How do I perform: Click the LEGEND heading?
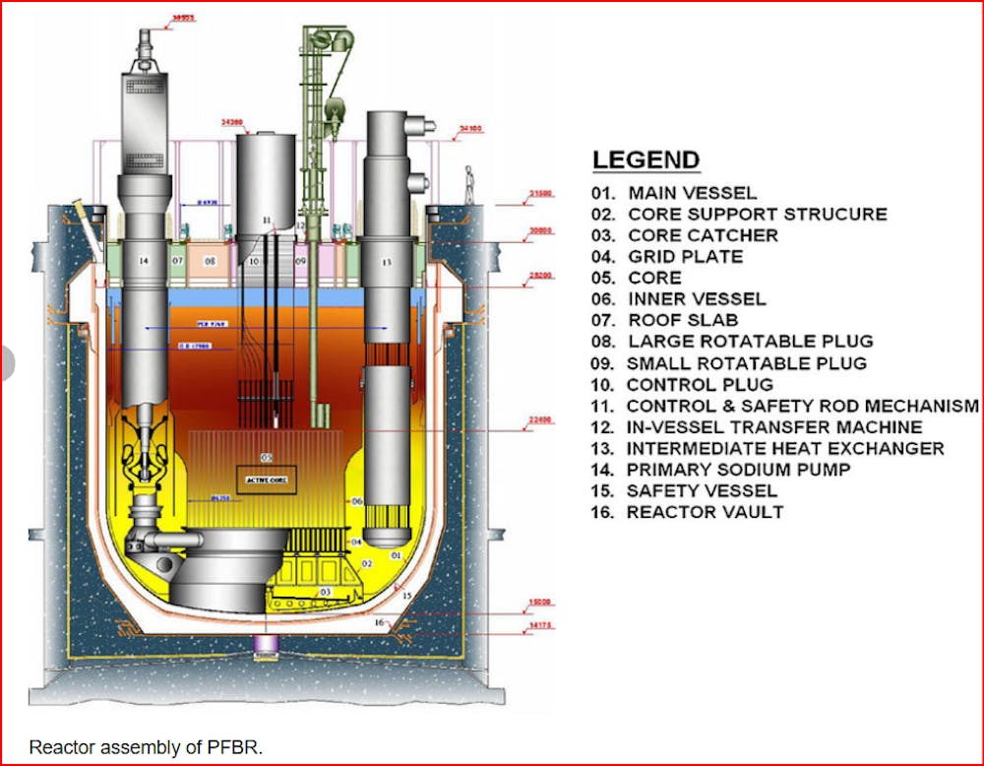pyautogui.click(x=646, y=160)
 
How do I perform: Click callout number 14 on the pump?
pyautogui.click(x=144, y=262)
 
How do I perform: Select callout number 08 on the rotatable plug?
pyautogui.click(x=209, y=263)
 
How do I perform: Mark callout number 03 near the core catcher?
pyautogui.click(x=325, y=592)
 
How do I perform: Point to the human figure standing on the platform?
pyautogui.click(x=470, y=183)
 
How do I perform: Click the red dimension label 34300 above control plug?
pyautogui.click(x=231, y=125)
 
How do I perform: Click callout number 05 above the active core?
pyautogui.click(x=266, y=458)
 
